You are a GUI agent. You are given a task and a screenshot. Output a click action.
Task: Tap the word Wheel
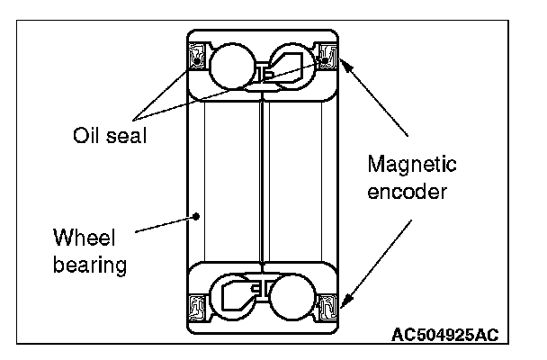tap(81, 239)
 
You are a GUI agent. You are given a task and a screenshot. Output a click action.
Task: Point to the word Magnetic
tap(413, 165)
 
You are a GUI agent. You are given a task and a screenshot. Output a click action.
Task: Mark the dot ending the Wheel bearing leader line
tap(198, 216)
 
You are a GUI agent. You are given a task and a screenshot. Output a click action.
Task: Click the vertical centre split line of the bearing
tap(260, 180)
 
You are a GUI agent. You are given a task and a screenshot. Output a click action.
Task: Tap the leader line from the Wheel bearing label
tap(166, 224)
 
